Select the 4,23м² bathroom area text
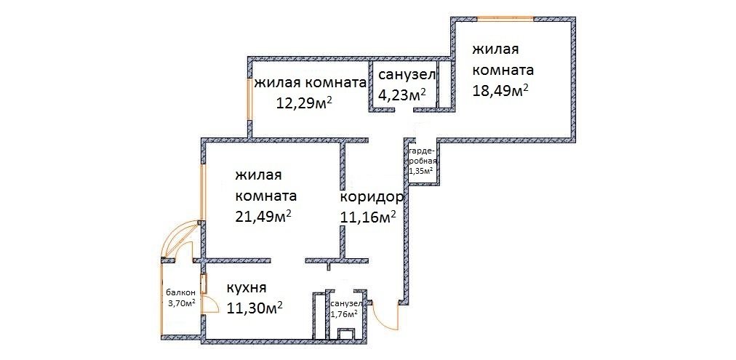click(402, 95)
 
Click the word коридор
click(372, 196)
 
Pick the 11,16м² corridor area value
click(368, 217)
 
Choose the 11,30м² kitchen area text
click(255, 308)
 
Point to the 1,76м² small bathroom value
click(344, 314)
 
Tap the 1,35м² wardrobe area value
click(421, 170)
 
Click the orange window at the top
click(505, 19)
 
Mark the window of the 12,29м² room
click(250, 99)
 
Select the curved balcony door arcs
click(180, 240)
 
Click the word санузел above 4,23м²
click(407, 74)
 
